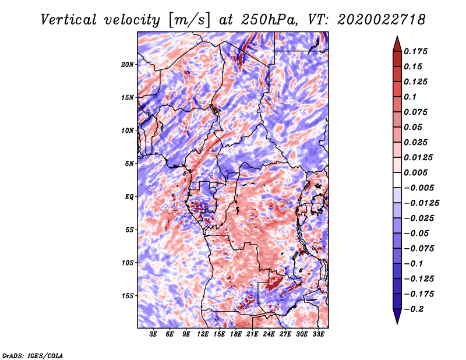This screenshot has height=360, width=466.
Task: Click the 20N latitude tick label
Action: tap(128, 64)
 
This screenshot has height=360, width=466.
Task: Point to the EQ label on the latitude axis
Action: tap(129, 197)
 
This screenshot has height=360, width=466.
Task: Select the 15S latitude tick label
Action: tap(128, 296)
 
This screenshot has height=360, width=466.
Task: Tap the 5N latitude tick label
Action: tap(129, 164)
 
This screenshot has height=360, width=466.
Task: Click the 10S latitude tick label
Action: tap(128, 263)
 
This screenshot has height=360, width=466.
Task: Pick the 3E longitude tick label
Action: tap(154, 335)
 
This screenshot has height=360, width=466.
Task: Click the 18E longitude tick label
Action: tap(236, 335)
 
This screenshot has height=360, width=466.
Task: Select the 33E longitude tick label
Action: tap(318, 335)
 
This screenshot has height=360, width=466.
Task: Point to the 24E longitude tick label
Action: tap(269, 335)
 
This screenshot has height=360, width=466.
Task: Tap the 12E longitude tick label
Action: tap(203, 335)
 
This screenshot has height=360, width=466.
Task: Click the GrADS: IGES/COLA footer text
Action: tap(32, 355)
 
